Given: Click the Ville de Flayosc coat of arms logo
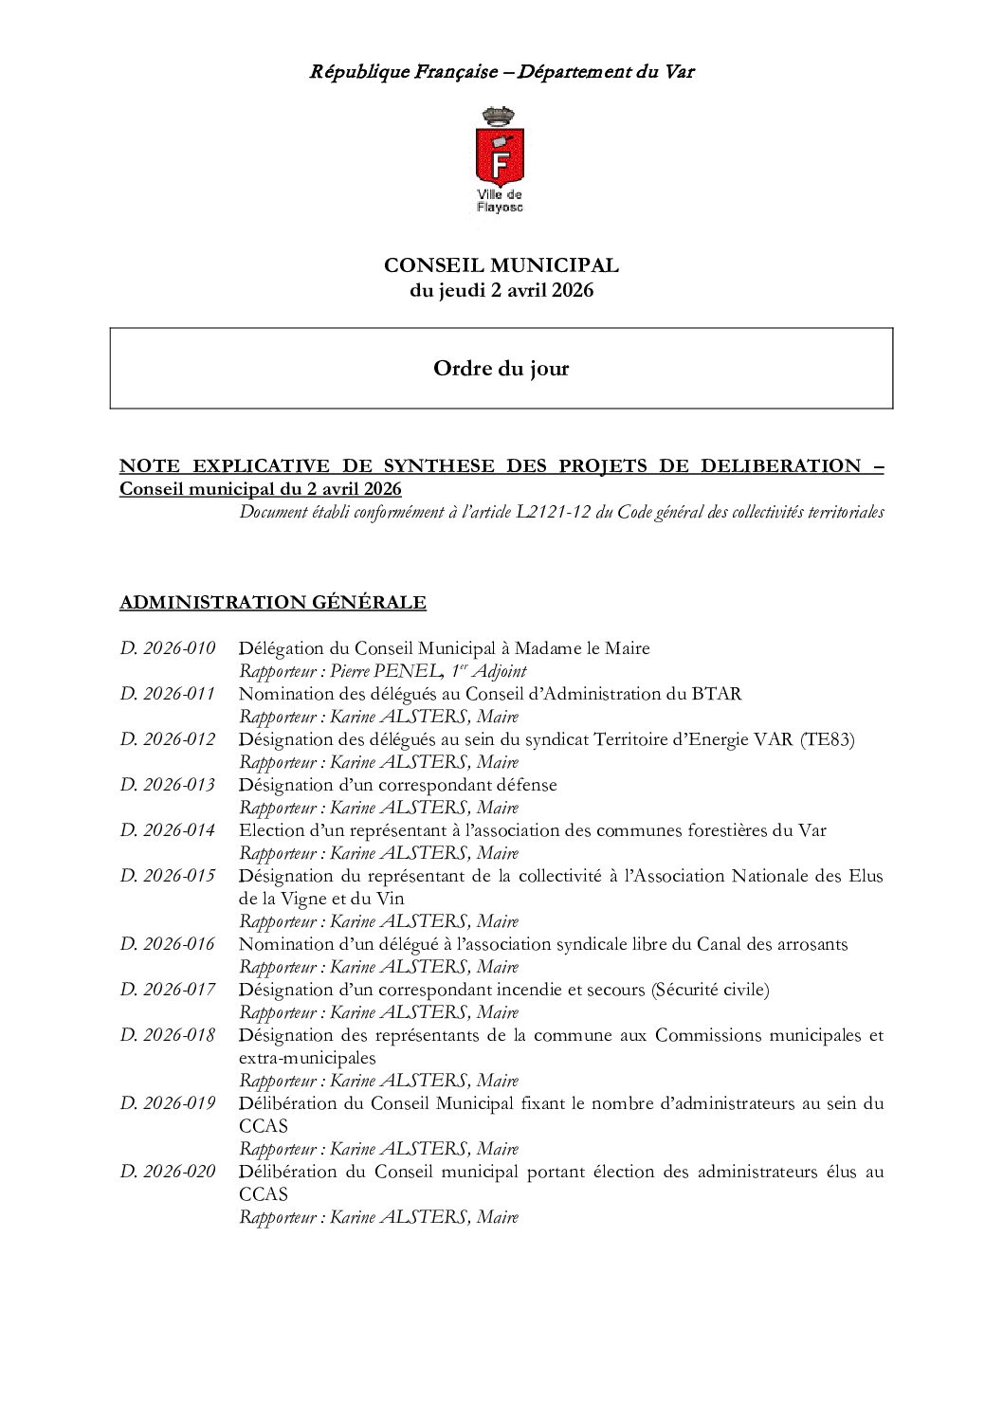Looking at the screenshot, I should (500, 160).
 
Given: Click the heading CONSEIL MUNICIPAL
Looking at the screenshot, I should (501, 266).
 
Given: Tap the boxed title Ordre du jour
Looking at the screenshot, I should (501, 369).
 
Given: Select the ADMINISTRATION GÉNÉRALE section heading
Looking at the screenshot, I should (273, 603).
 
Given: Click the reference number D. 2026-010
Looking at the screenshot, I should (168, 648).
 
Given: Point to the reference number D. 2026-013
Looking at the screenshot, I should (168, 785).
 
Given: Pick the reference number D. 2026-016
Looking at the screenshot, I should (168, 944).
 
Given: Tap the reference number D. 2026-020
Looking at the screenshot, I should (168, 1172).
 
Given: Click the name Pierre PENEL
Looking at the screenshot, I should (383, 671).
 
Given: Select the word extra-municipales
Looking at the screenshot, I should (307, 1058).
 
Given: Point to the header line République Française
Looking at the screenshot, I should (404, 71).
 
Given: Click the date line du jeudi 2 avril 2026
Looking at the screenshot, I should (501, 291).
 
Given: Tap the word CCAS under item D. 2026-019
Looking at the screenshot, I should (264, 1126).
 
